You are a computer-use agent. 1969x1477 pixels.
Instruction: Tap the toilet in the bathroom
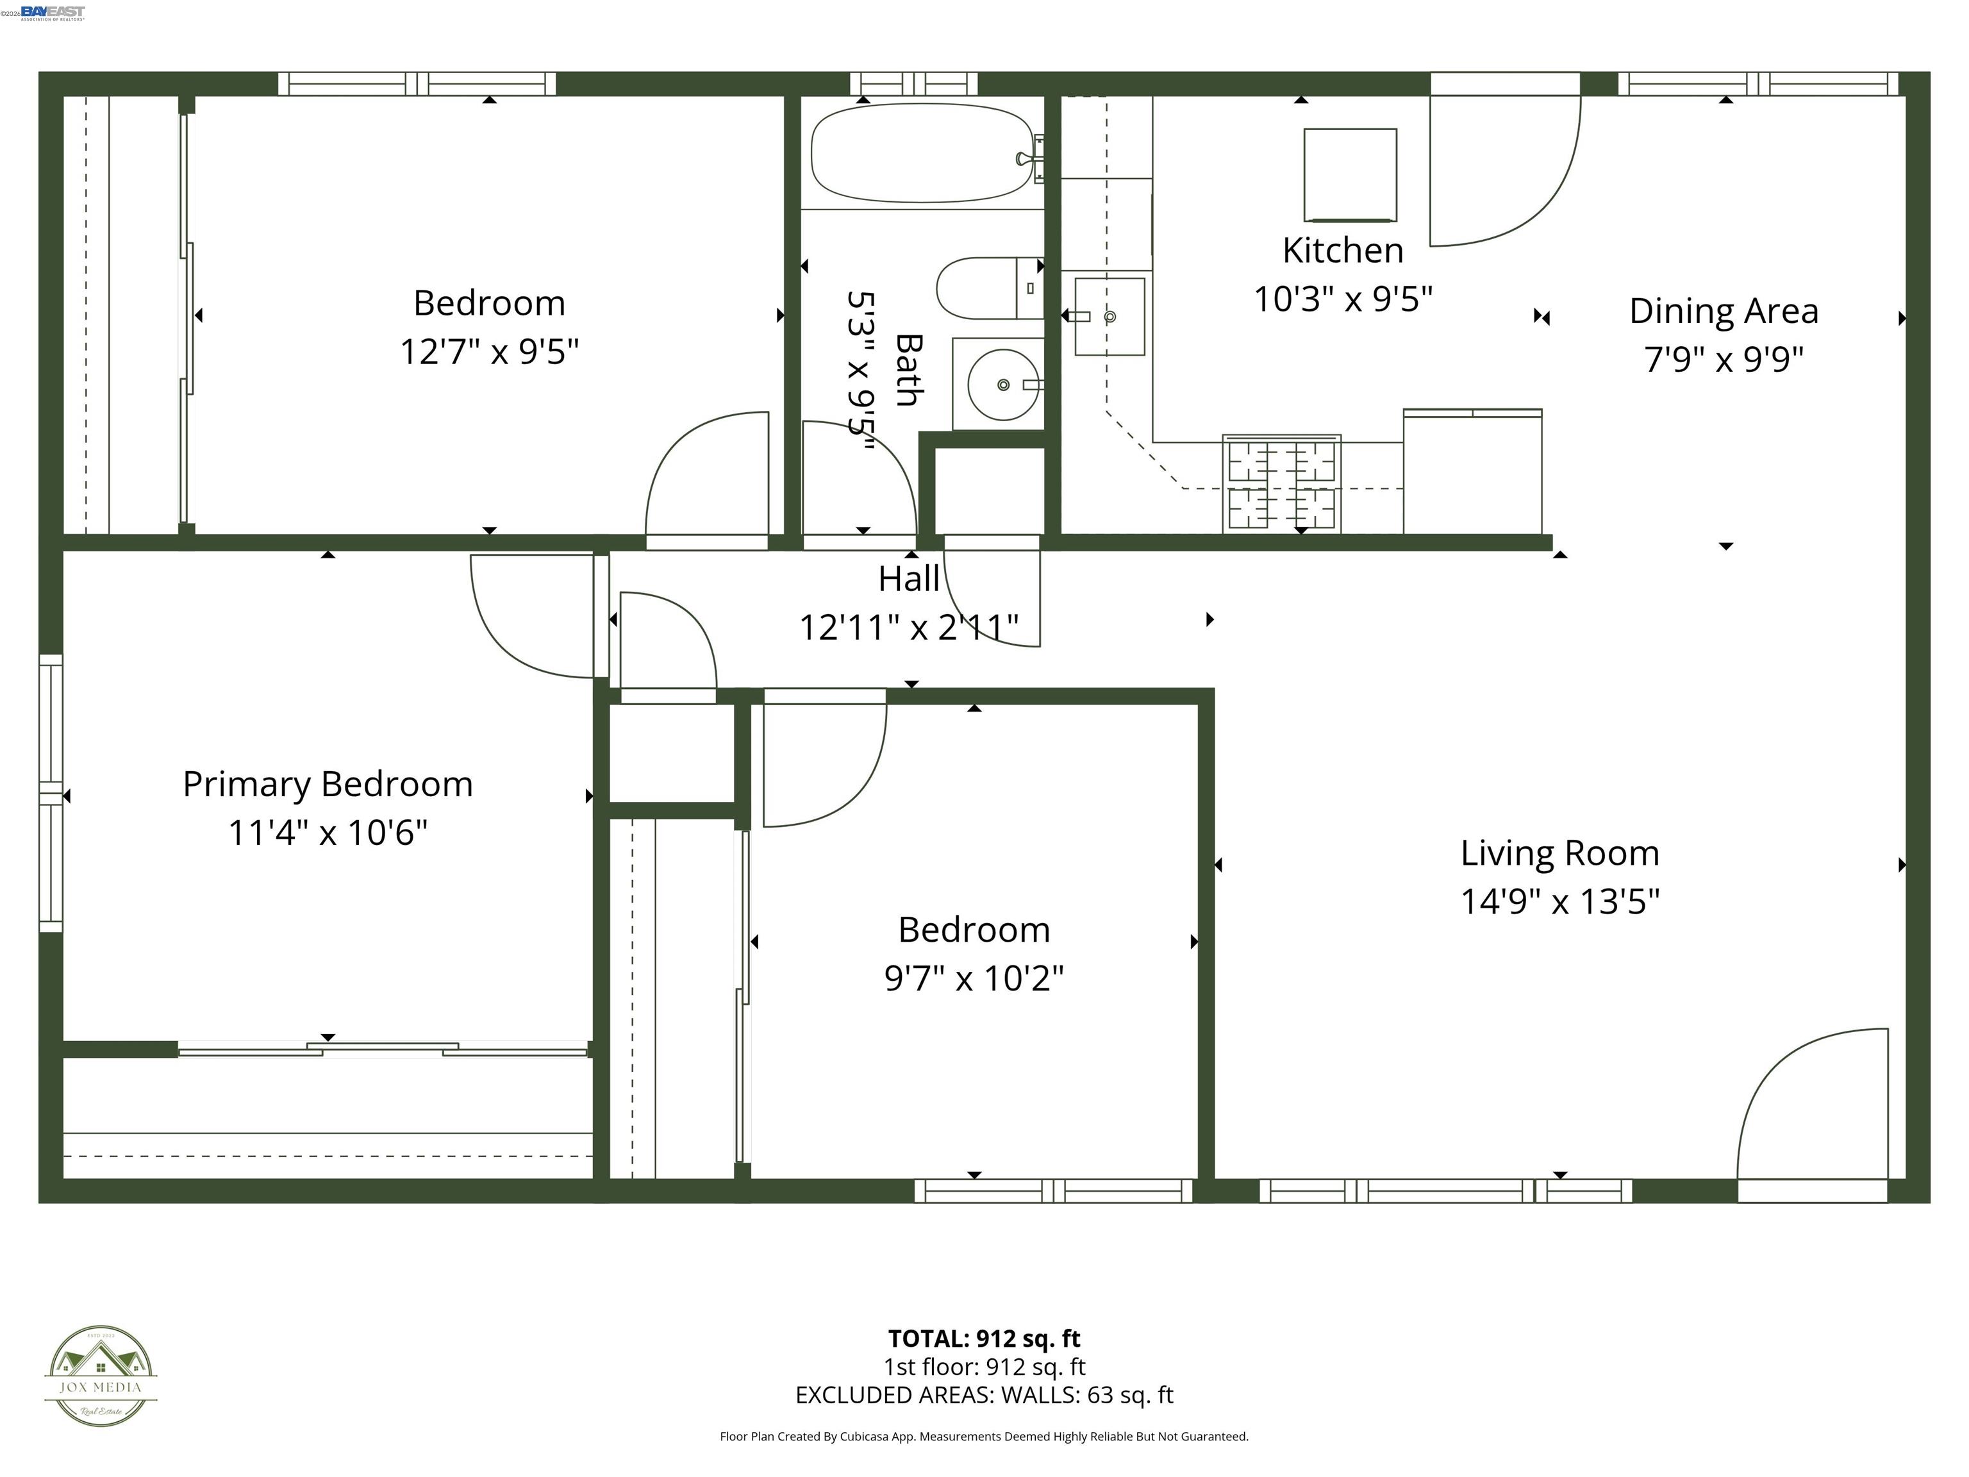click(x=988, y=288)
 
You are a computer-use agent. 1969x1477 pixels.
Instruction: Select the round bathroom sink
click(x=1002, y=385)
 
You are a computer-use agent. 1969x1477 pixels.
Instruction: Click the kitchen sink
click(x=1109, y=317)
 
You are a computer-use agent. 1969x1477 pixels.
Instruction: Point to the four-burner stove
click(x=1282, y=485)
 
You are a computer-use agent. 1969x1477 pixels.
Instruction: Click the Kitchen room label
click(x=1342, y=251)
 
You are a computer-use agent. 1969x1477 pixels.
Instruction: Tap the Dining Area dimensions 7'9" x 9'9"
click(x=1724, y=360)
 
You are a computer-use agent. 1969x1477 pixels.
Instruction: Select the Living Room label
click(x=1559, y=853)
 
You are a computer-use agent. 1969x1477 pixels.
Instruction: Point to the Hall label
click(x=908, y=580)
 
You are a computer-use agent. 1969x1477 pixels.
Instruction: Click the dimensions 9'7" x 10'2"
click(x=974, y=978)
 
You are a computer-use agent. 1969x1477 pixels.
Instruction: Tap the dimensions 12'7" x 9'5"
click(x=488, y=352)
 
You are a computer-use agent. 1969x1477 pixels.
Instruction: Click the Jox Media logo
click(x=101, y=1376)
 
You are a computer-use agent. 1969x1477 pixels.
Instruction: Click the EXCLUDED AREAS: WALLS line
click(x=984, y=1395)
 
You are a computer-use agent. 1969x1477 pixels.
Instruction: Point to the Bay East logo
click(x=52, y=12)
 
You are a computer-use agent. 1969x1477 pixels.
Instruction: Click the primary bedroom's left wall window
click(x=51, y=793)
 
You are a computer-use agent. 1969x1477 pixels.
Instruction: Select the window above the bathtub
click(x=914, y=85)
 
